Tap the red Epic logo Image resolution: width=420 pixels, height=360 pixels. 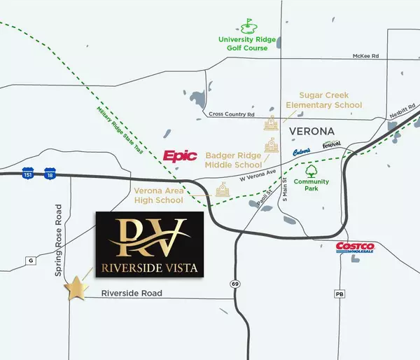(181, 156)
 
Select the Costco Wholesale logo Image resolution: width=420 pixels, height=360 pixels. (356, 247)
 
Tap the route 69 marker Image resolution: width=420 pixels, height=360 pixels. (234, 283)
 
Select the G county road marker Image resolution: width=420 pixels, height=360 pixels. (30, 261)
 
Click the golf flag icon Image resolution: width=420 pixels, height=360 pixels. (247, 28)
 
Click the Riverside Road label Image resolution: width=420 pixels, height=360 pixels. (132, 293)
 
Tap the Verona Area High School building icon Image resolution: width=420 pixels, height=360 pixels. (223, 189)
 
